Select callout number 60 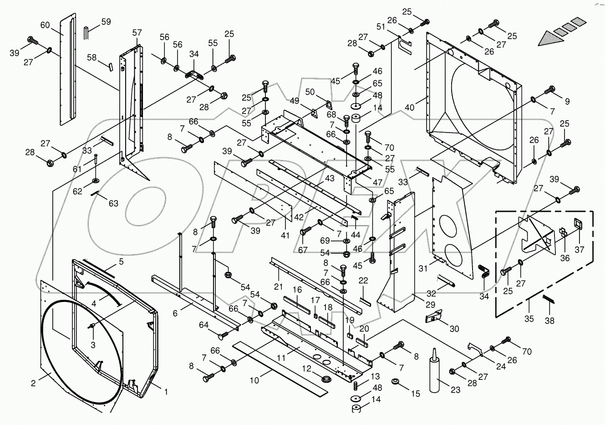pos(45,26)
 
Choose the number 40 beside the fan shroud pos(410,108)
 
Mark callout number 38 pos(549,321)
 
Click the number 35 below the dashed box pos(529,318)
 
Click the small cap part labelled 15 pos(395,380)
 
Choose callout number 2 pos(33,384)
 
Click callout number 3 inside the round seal pos(92,345)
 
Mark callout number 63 pos(113,203)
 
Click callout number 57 pos(137,33)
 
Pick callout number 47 pos(377,182)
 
